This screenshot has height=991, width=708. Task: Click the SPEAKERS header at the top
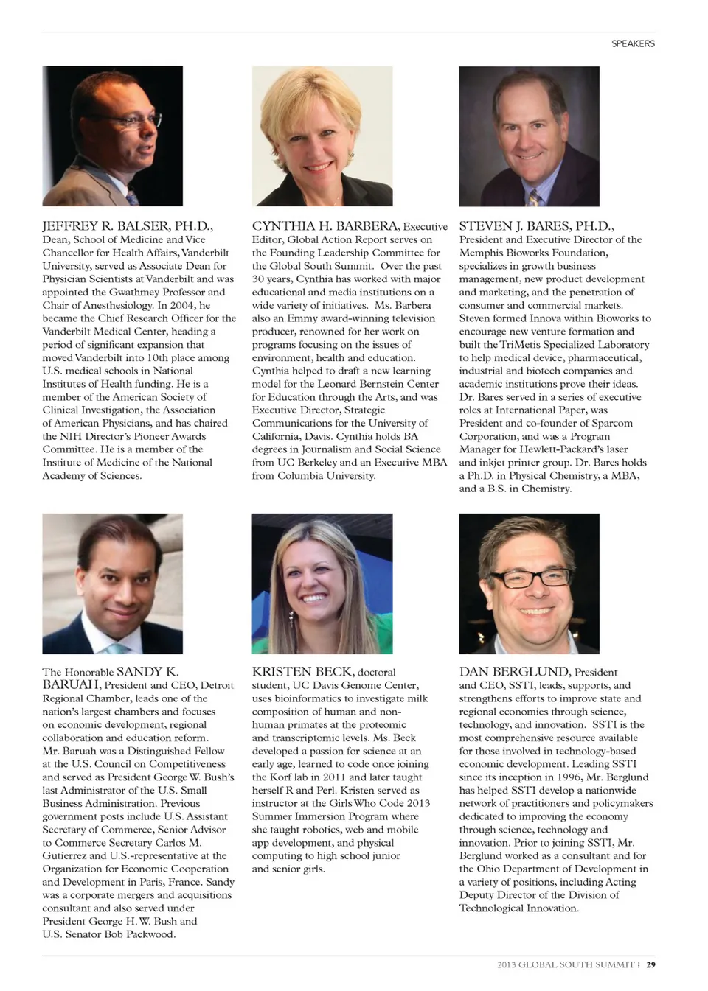(x=633, y=43)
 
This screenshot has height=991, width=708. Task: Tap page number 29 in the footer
(x=651, y=964)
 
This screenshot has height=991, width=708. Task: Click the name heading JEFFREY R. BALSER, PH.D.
(x=128, y=226)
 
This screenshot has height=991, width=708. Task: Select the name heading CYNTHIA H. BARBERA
(x=326, y=226)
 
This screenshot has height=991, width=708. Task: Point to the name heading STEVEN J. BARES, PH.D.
(x=536, y=226)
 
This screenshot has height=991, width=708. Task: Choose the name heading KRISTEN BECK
(x=302, y=671)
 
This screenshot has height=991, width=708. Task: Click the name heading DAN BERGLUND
(x=514, y=671)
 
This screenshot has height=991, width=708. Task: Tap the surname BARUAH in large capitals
(x=71, y=684)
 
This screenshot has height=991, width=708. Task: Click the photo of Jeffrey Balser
(x=112, y=136)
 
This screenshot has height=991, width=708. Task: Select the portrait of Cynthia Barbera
(x=322, y=136)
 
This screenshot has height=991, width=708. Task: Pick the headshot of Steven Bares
(x=529, y=136)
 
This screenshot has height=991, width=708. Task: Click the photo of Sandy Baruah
(x=112, y=583)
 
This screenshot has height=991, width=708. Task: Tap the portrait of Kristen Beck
(x=322, y=583)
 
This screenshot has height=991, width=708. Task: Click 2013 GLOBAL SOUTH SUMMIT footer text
(x=566, y=964)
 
